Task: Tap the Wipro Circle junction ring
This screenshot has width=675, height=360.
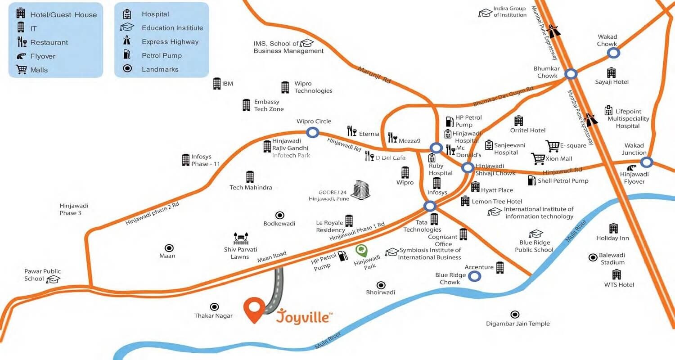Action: (313, 132)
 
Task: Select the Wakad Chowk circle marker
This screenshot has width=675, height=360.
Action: (613, 53)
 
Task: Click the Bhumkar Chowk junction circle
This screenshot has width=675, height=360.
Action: (571, 74)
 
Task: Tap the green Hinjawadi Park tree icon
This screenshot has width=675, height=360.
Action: (361, 250)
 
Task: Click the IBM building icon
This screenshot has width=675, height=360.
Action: (217, 83)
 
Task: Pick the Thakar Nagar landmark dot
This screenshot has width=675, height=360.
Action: (215, 306)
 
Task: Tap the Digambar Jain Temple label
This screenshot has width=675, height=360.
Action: (517, 324)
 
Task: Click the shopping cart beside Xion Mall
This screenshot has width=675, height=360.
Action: (538, 158)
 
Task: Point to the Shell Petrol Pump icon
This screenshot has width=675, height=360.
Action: (532, 180)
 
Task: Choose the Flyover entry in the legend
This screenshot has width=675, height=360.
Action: (43, 56)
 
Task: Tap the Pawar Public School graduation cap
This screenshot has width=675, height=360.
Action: (54, 279)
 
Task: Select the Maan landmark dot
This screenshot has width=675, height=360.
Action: (169, 247)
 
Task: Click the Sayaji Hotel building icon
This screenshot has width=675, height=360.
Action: (611, 72)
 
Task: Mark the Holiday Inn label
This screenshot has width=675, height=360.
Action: (612, 238)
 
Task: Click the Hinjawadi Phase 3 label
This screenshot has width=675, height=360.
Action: (74, 209)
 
